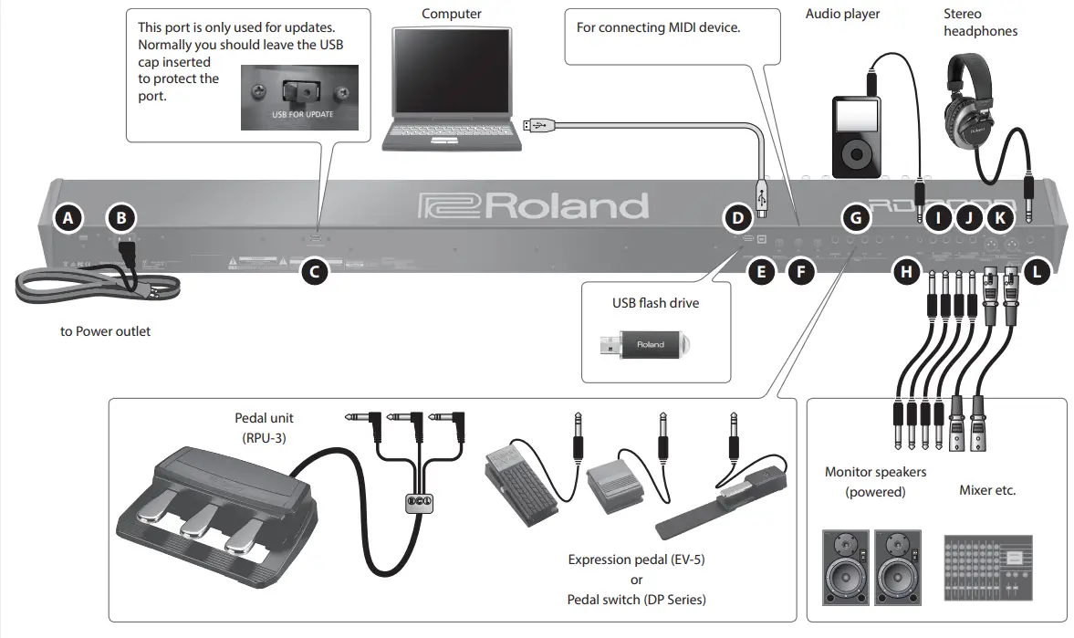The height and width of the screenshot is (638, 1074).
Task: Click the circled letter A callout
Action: tap(68, 217)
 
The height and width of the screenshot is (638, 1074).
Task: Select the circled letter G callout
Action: tap(854, 217)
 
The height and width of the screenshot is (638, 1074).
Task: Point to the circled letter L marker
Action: tap(1036, 270)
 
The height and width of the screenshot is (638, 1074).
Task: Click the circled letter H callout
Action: tap(905, 270)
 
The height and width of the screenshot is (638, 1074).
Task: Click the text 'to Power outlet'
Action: tap(106, 331)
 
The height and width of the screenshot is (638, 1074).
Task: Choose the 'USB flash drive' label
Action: tap(655, 302)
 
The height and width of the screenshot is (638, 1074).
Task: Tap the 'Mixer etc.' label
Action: tap(987, 490)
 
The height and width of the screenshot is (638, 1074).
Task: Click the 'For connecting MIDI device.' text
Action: tap(658, 27)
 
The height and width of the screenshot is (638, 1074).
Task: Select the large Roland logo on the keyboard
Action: tap(533, 205)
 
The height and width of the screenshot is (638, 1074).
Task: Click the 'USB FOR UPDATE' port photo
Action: tap(300, 97)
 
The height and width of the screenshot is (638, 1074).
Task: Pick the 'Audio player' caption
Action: tap(842, 14)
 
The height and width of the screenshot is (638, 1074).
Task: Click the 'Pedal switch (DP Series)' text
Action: tap(636, 600)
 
